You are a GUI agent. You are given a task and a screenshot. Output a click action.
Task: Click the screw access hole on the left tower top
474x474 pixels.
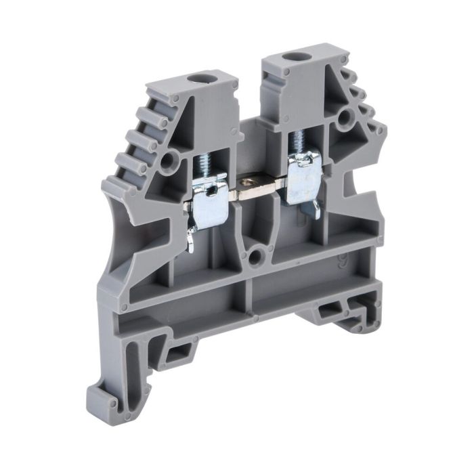tap(200, 80)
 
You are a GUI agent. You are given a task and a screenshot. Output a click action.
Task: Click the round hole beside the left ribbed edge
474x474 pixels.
tap(169, 160)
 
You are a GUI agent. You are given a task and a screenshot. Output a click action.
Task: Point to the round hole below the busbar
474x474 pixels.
tap(255, 257)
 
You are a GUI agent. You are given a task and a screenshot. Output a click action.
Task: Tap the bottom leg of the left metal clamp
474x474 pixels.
tap(192, 237)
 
